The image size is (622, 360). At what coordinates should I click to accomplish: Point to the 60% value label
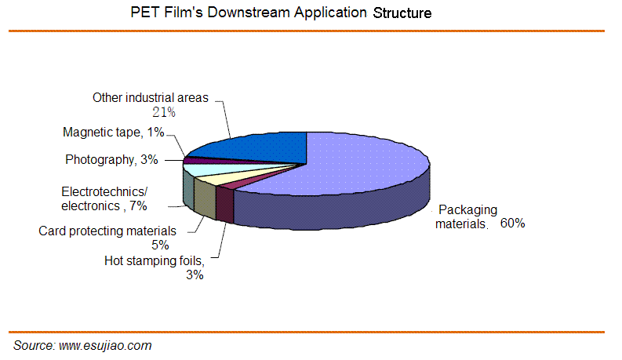click(x=512, y=224)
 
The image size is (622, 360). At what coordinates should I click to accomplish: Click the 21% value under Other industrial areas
click(x=164, y=113)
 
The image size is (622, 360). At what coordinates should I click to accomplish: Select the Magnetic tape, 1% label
click(x=114, y=132)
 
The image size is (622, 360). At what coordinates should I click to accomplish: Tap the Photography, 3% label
click(x=111, y=159)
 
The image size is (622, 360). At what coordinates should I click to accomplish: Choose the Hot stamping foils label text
click(x=155, y=261)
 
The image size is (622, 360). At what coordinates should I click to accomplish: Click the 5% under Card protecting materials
click(x=160, y=245)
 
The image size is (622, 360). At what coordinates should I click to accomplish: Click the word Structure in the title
click(x=402, y=13)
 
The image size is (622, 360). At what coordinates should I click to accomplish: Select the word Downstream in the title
click(x=249, y=13)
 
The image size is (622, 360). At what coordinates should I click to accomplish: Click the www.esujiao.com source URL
click(x=105, y=345)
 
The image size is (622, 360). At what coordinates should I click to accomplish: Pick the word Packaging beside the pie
click(x=467, y=209)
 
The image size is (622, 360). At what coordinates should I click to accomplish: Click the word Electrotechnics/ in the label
click(x=104, y=192)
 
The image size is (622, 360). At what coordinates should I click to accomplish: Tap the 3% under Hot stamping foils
click(x=195, y=275)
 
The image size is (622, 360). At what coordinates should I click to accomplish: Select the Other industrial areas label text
click(x=151, y=97)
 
